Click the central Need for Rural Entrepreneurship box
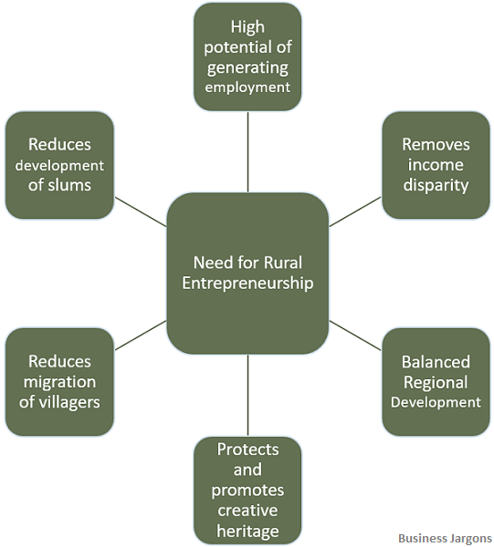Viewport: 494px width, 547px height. (247, 273)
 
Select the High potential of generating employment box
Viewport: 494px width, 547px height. (247, 57)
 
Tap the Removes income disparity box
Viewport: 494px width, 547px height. (436, 165)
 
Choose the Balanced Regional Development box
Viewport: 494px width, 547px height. (436, 381)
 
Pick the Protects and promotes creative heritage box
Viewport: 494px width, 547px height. (247, 490)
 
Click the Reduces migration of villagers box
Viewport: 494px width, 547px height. (59, 381)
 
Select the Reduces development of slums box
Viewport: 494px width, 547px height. (59, 165)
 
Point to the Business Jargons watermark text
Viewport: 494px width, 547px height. (445, 538)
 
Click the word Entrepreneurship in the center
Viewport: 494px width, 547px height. (247, 284)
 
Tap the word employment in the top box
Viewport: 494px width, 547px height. (247, 88)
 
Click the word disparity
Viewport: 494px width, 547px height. (436, 186)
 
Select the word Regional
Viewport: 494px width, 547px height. (436, 382)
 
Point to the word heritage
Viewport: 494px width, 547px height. (247, 531)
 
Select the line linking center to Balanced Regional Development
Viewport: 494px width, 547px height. (354, 335)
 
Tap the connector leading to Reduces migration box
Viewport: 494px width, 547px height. (141, 335)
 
